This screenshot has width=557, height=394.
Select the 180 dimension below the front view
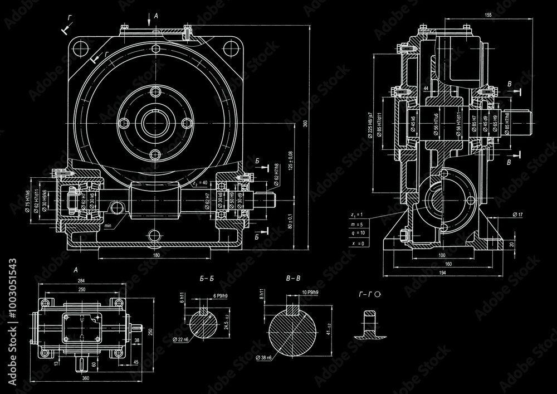pyautogui.click(x=156, y=255)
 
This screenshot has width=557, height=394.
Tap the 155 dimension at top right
pyautogui.click(x=488, y=14)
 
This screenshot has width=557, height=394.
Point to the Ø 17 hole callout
pyautogui.click(x=517, y=215)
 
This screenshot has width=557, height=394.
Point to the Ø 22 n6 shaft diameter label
pyautogui.click(x=182, y=339)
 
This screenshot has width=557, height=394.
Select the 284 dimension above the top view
pyautogui.click(x=82, y=281)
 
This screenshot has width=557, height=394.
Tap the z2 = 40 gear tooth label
pyautogui.click(x=199, y=182)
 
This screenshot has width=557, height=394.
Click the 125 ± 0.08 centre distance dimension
pyautogui.click(x=290, y=160)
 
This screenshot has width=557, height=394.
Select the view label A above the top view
pyautogui.click(x=75, y=270)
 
